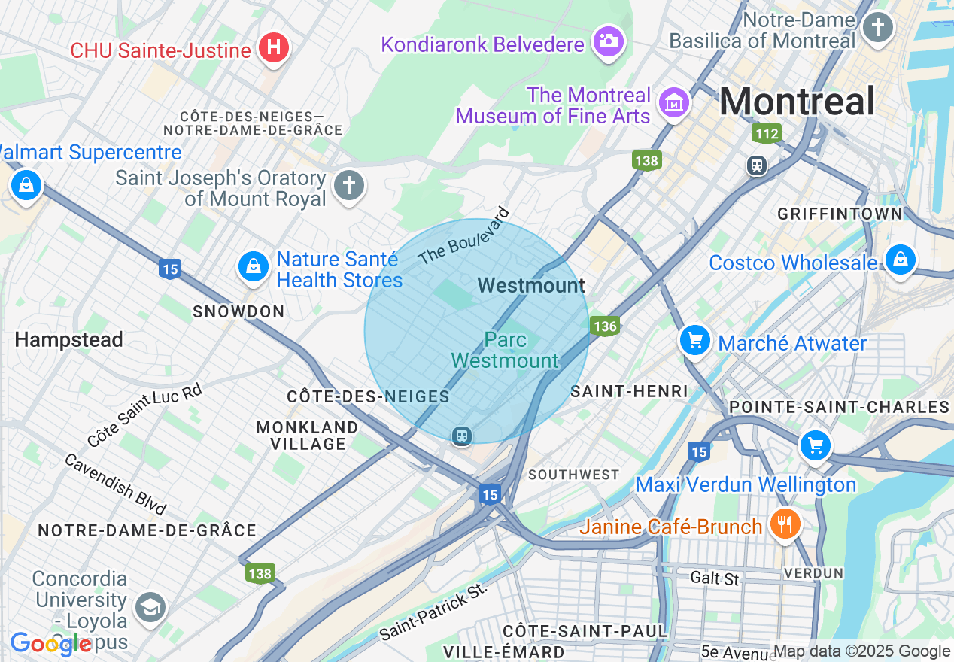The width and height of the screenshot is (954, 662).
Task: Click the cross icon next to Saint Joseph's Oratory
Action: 348,185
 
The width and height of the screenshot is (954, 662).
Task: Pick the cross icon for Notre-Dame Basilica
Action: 877,28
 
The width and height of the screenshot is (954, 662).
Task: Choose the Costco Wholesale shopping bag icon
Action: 900,260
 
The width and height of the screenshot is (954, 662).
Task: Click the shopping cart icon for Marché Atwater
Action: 694,341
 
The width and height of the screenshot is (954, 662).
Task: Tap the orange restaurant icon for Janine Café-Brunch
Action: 785,524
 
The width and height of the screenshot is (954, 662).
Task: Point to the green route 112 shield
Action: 766,134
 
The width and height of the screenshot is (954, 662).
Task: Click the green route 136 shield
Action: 604,326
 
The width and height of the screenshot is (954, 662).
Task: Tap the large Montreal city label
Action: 797,102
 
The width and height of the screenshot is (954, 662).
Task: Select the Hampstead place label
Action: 68,340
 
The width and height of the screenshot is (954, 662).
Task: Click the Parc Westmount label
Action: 506,350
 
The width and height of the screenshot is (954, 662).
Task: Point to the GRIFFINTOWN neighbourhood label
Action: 840,214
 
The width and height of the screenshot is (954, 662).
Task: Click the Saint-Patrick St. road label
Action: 433,611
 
